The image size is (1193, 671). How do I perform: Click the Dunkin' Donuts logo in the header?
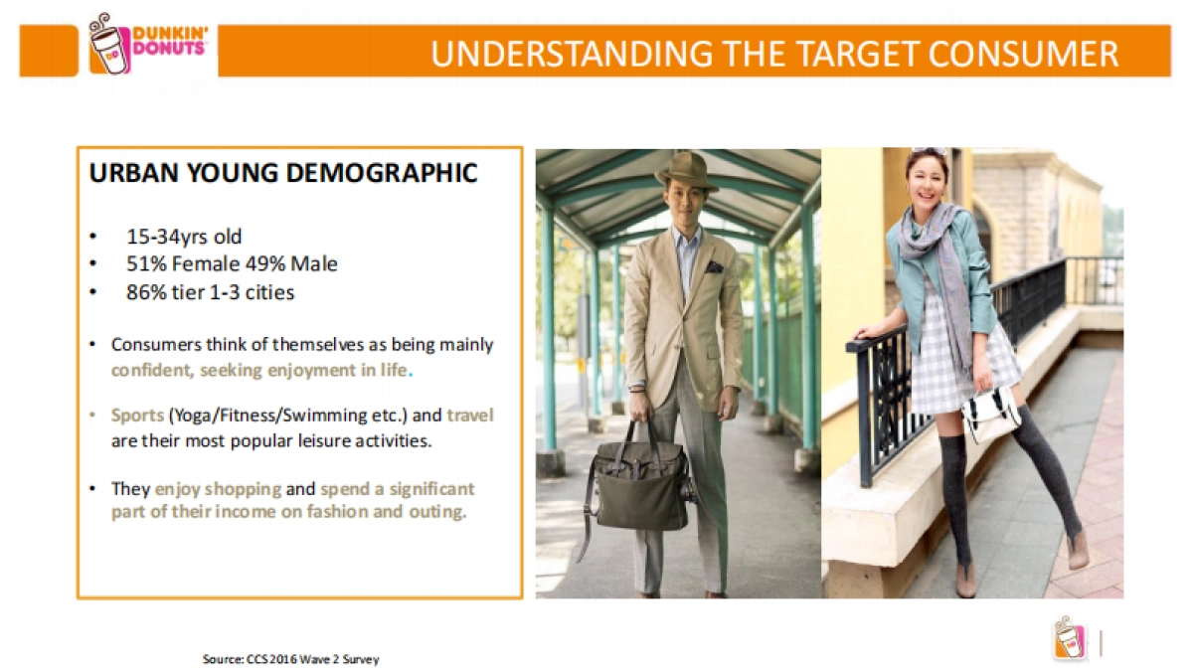pyautogui.click(x=147, y=44)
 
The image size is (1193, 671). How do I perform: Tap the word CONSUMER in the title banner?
pyautogui.click(x=1024, y=54)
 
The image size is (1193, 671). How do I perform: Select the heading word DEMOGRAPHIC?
pyautogui.click(x=382, y=173)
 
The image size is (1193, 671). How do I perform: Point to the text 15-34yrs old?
pyautogui.click(x=184, y=237)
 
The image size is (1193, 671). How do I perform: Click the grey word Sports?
pyautogui.click(x=137, y=416)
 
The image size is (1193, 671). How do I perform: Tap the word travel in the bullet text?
pyautogui.click(x=470, y=415)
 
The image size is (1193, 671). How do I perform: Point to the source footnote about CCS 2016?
pyautogui.click(x=290, y=659)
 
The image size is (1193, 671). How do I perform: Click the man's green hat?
pyautogui.click(x=687, y=172)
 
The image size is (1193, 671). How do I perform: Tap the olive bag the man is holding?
pyautogui.click(x=639, y=487)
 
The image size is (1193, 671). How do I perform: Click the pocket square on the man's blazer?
pyautogui.click(x=714, y=266)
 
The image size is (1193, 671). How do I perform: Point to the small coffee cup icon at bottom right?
pyautogui.click(x=1070, y=637)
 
